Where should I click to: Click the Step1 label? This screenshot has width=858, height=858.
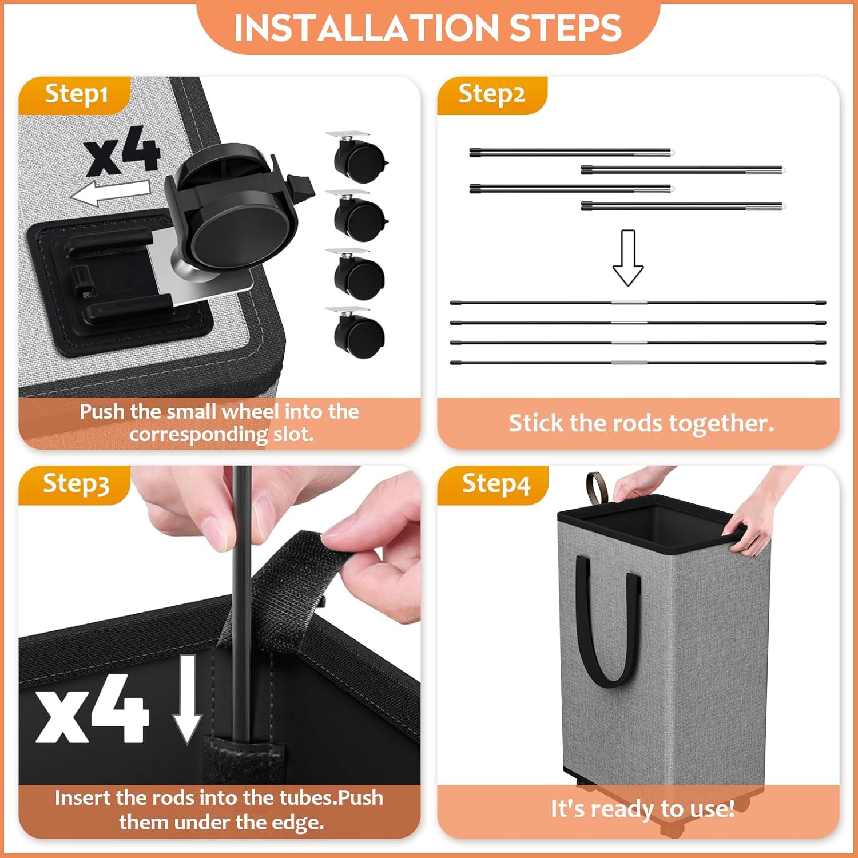pyautogui.click(x=76, y=94)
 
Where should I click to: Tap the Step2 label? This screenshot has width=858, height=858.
pyautogui.click(x=491, y=94)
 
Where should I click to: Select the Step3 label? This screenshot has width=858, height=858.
pyautogui.click(x=76, y=484)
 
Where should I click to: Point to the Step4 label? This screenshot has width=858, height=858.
pyautogui.click(x=496, y=484)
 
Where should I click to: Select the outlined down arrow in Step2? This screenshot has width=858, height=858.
pyautogui.click(x=628, y=257)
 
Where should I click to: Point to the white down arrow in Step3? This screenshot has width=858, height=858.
pyautogui.click(x=188, y=699)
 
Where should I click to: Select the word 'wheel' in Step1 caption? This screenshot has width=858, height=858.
pyautogui.click(x=250, y=411)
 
